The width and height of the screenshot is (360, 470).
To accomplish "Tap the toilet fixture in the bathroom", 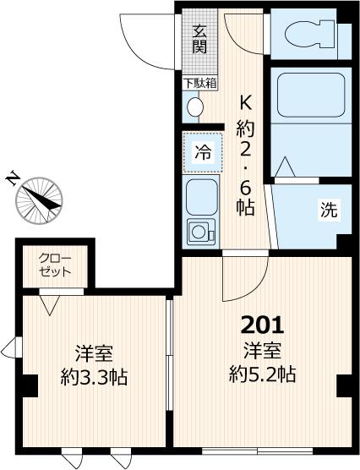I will click(308, 35).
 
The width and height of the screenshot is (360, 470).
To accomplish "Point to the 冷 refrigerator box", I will click(203, 153).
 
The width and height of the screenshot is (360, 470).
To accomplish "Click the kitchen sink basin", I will click(201, 196).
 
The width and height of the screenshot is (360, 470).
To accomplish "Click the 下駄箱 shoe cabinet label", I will click(199, 83).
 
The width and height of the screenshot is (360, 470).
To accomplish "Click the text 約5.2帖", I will click(263, 374).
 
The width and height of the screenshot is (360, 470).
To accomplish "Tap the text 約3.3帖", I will click(95, 378).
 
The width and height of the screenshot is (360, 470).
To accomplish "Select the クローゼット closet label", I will click(55, 265).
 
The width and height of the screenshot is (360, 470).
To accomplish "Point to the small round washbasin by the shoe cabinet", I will click(194, 107).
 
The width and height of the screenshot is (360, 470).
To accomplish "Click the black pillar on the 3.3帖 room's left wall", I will click(28, 385).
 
